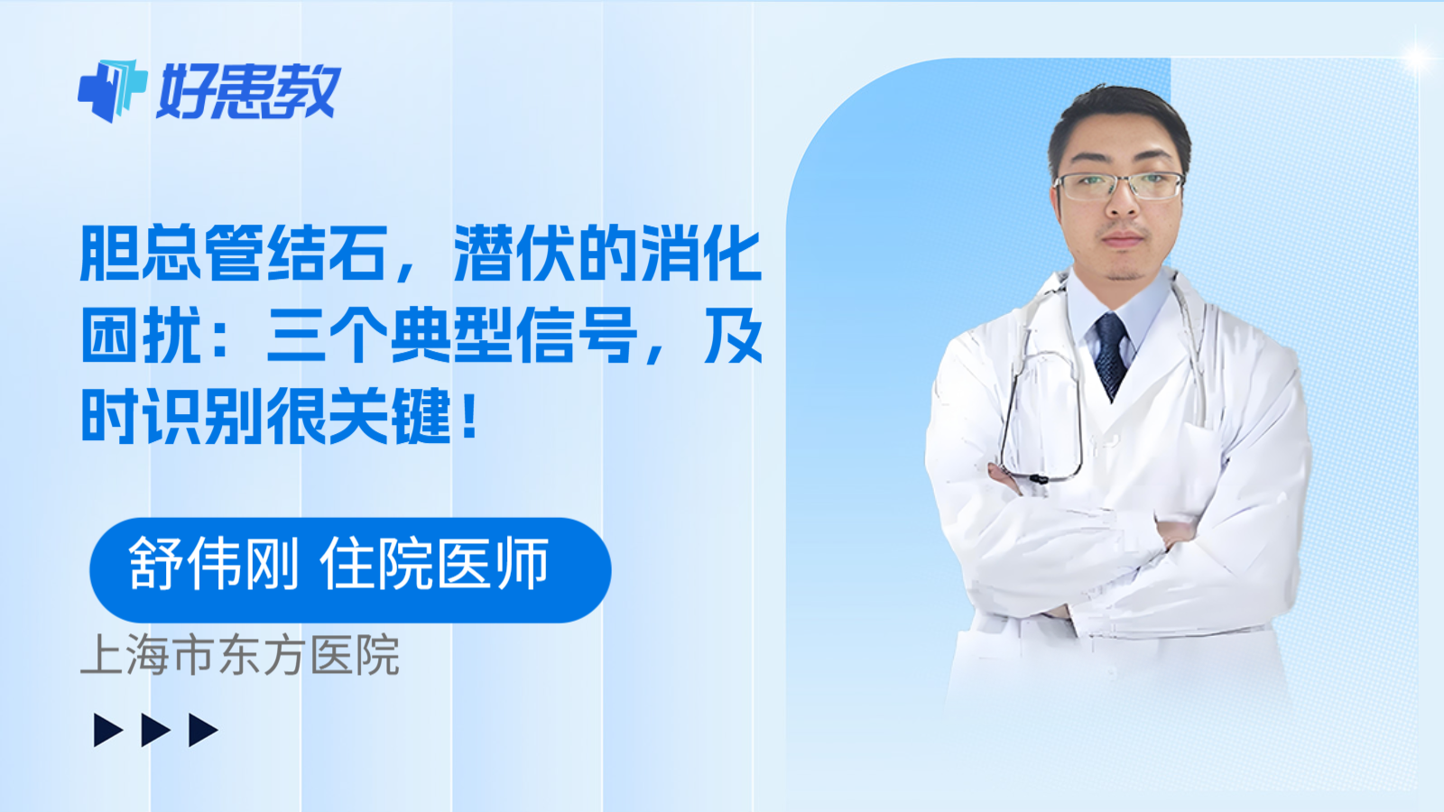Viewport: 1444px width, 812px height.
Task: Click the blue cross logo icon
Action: pyautogui.click(x=112, y=90)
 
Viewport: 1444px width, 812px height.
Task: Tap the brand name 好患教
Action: pyautogui.click(x=248, y=92)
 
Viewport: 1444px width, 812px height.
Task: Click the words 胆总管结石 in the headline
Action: pyautogui.click(x=234, y=254)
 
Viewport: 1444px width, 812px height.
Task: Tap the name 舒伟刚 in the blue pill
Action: pyautogui.click(x=213, y=565)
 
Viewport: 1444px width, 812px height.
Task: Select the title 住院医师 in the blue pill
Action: pyautogui.click(x=434, y=565)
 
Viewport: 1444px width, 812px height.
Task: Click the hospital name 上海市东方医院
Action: pyautogui.click(x=240, y=656)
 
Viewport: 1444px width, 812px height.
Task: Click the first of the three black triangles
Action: pyautogui.click(x=107, y=730)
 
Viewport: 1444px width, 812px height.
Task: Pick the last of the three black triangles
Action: pyautogui.click(x=202, y=730)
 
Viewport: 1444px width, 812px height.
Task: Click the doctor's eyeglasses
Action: pyautogui.click(x=1119, y=186)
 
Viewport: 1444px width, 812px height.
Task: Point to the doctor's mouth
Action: pyautogui.click(x=1122, y=239)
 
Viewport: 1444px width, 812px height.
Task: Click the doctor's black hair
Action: pyautogui.click(x=1119, y=113)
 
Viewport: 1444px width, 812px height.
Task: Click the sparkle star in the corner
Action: pyautogui.click(x=1417, y=59)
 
